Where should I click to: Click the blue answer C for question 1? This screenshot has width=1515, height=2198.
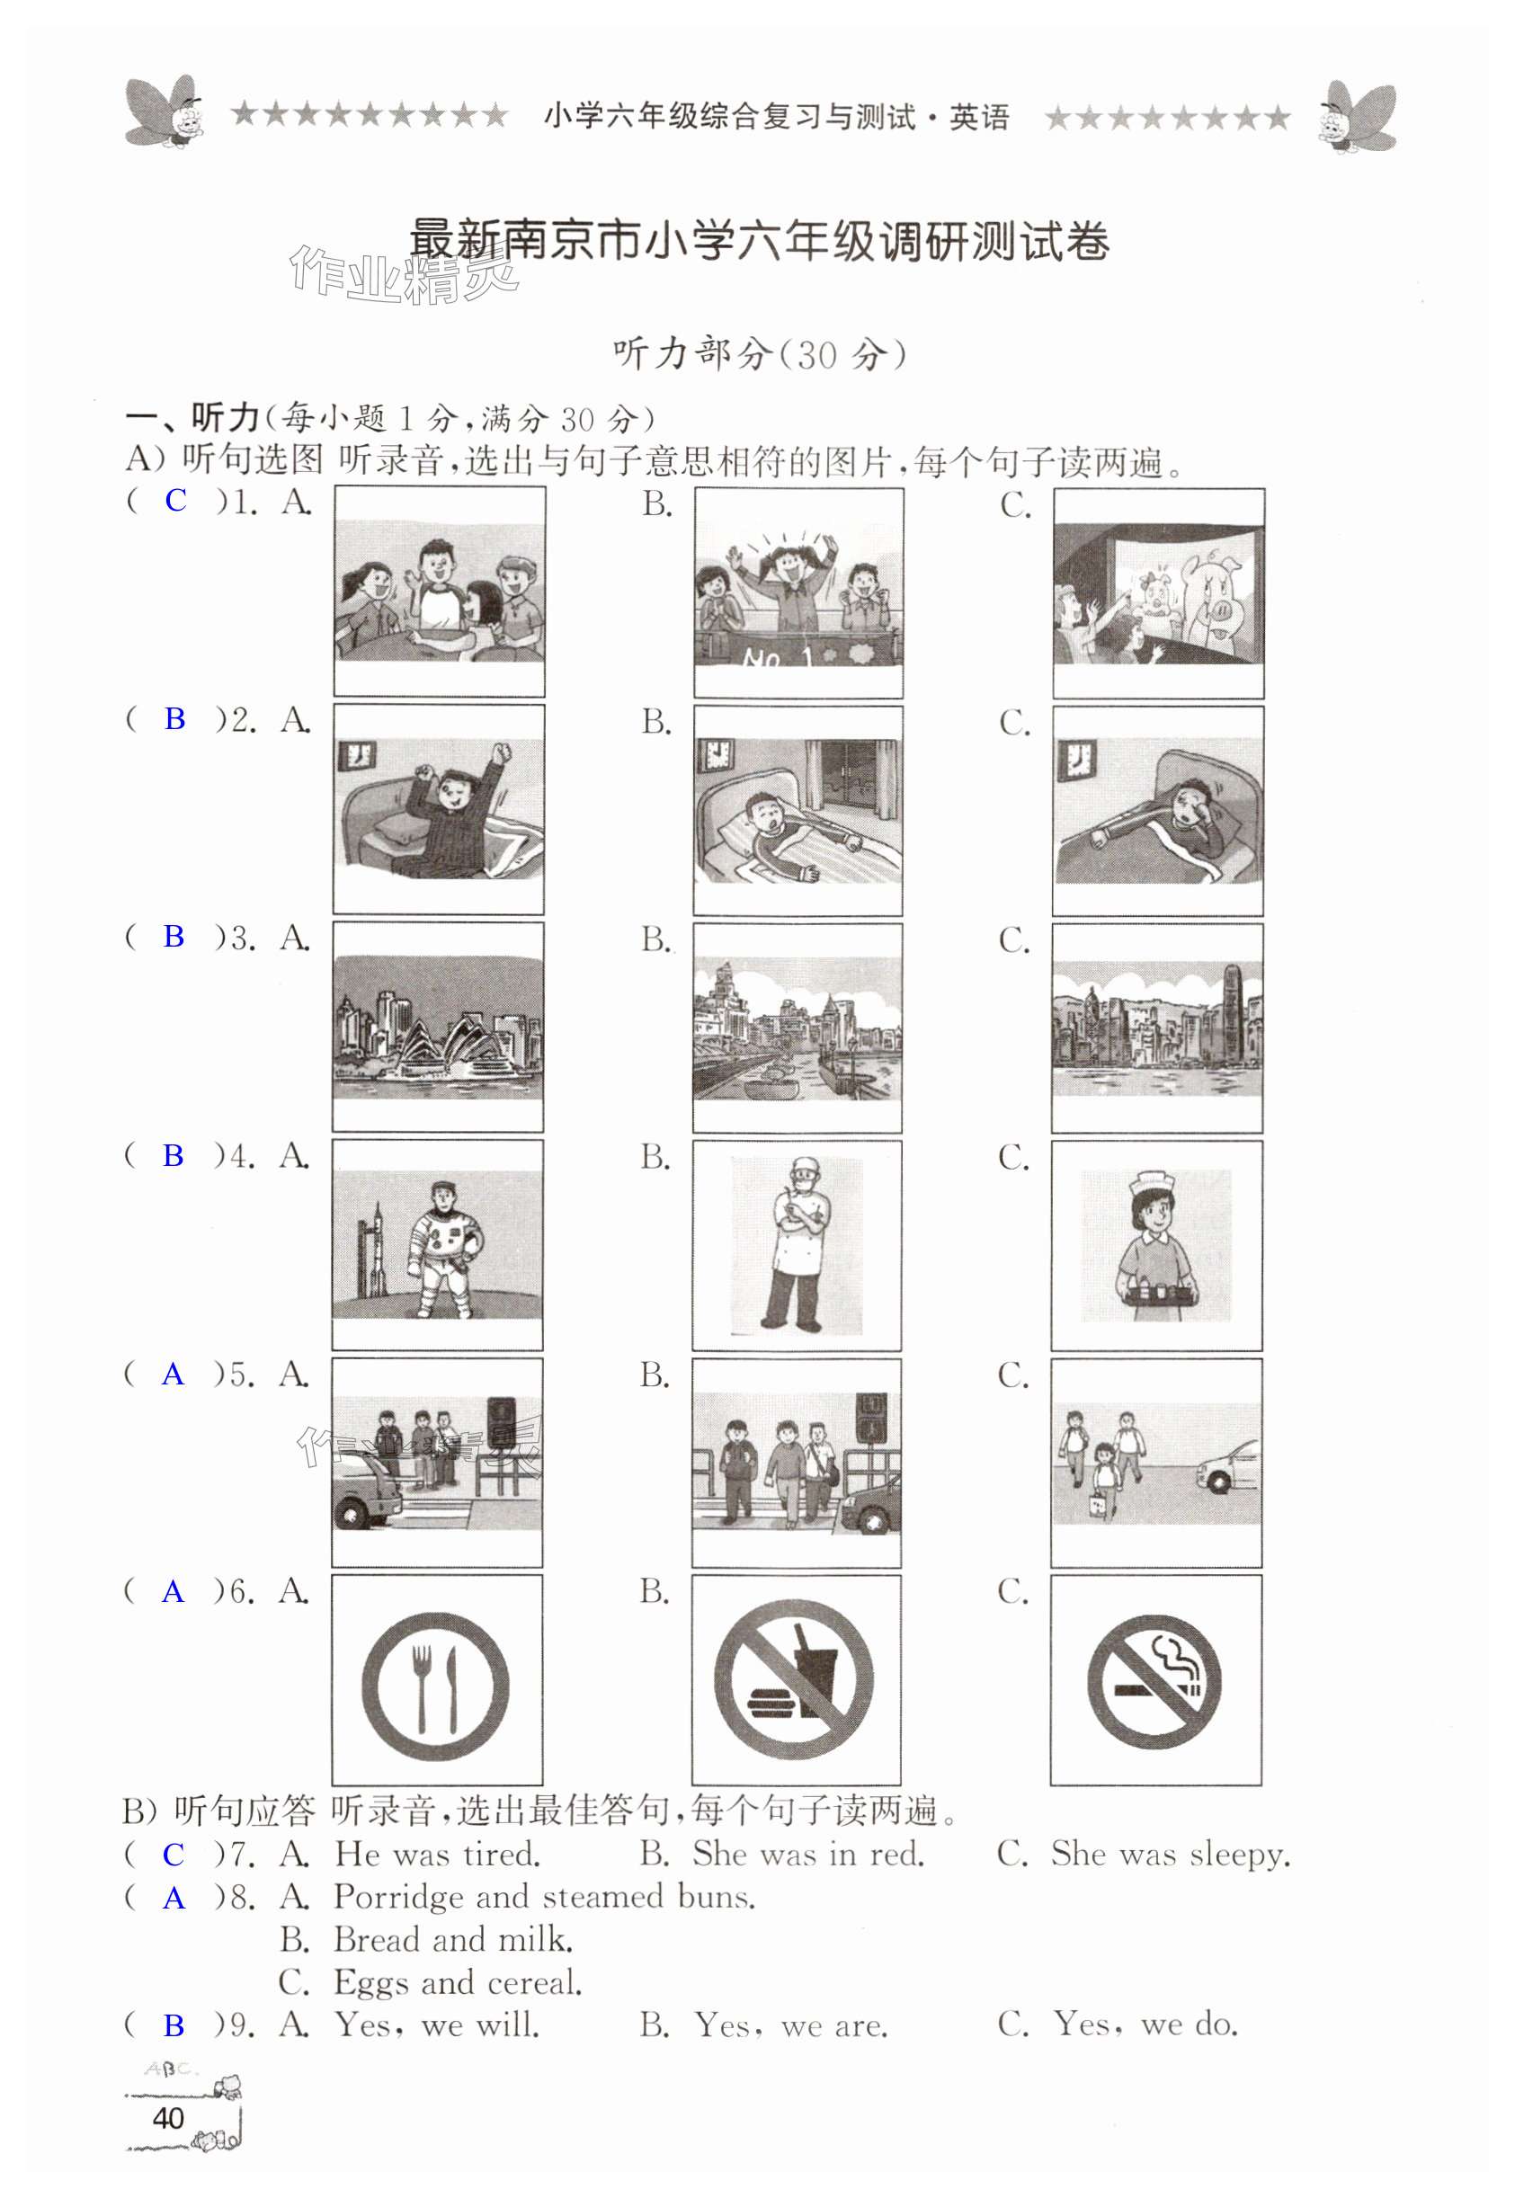175,500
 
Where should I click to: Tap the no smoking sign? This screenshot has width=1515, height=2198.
1154,1682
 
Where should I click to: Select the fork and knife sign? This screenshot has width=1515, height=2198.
436,1686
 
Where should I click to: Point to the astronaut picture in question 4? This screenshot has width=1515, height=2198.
438,1244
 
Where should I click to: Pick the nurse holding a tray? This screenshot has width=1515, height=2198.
1156,1245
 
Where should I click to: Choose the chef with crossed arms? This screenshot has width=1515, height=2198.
798,1244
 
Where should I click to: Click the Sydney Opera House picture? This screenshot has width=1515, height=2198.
438,1027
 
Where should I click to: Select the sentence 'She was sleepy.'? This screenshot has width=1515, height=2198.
1171,1855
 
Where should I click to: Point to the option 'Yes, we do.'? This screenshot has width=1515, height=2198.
1145,2024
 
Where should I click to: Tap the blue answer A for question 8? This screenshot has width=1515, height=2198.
174,1898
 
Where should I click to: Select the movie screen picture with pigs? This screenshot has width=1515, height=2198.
1158,592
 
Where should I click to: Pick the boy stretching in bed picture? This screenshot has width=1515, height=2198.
439,808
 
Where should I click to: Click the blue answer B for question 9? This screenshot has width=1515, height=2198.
174,2025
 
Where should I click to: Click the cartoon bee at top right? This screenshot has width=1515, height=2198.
1358,117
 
